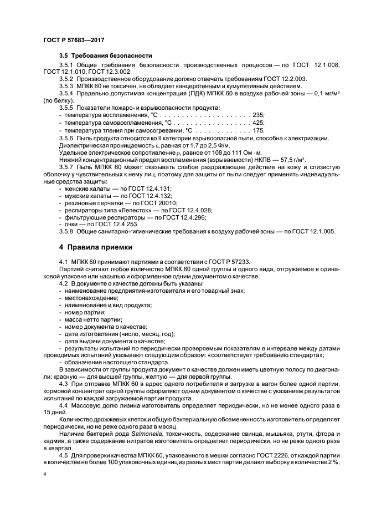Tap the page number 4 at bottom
pyautogui.click(x=45, y=474)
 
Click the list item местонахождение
pyautogui.click(x=87, y=298)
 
